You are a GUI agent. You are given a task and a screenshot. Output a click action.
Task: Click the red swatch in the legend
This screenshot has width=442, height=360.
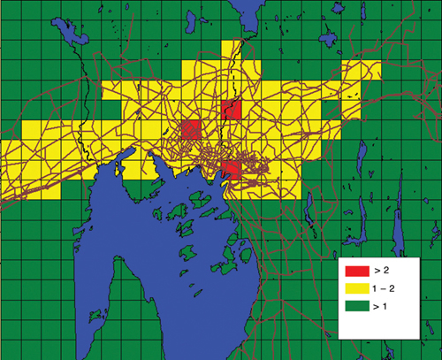coord(356,270)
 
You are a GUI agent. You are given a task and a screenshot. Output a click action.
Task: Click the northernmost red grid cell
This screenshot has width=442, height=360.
coord(232,111)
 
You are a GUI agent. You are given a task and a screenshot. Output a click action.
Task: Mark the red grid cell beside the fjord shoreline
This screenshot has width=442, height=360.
coord(232,169)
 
